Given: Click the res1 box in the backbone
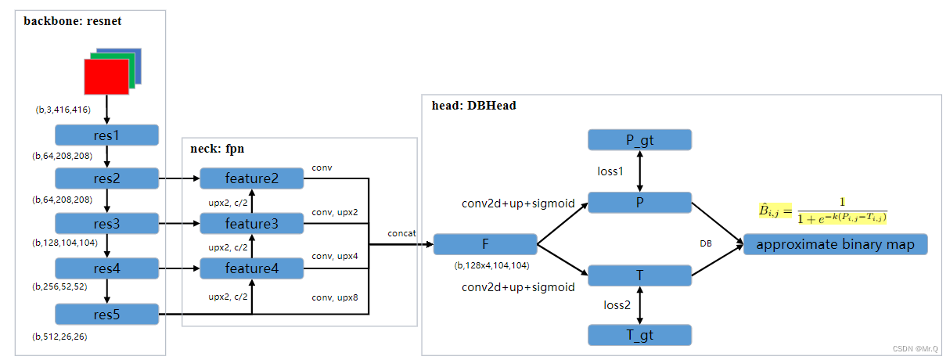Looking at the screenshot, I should point(106,135).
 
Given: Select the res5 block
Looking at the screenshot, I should point(106,315).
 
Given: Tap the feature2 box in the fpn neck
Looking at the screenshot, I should point(251,178).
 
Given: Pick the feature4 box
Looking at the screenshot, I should point(251,269).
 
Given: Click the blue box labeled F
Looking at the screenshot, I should point(484,244).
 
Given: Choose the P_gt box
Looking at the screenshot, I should point(639,140).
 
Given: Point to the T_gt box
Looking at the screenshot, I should point(639,335).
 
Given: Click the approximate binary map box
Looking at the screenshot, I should point(834,244).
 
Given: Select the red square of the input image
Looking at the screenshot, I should point(106,77).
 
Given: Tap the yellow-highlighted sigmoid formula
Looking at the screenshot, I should point(826,210).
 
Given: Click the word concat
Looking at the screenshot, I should point(401,234).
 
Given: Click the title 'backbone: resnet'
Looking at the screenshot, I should point(73,21).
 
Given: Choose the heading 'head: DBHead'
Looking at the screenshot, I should point(474,106).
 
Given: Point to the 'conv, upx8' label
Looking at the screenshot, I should point(335,297).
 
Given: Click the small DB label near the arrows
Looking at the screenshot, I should point(705,243).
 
